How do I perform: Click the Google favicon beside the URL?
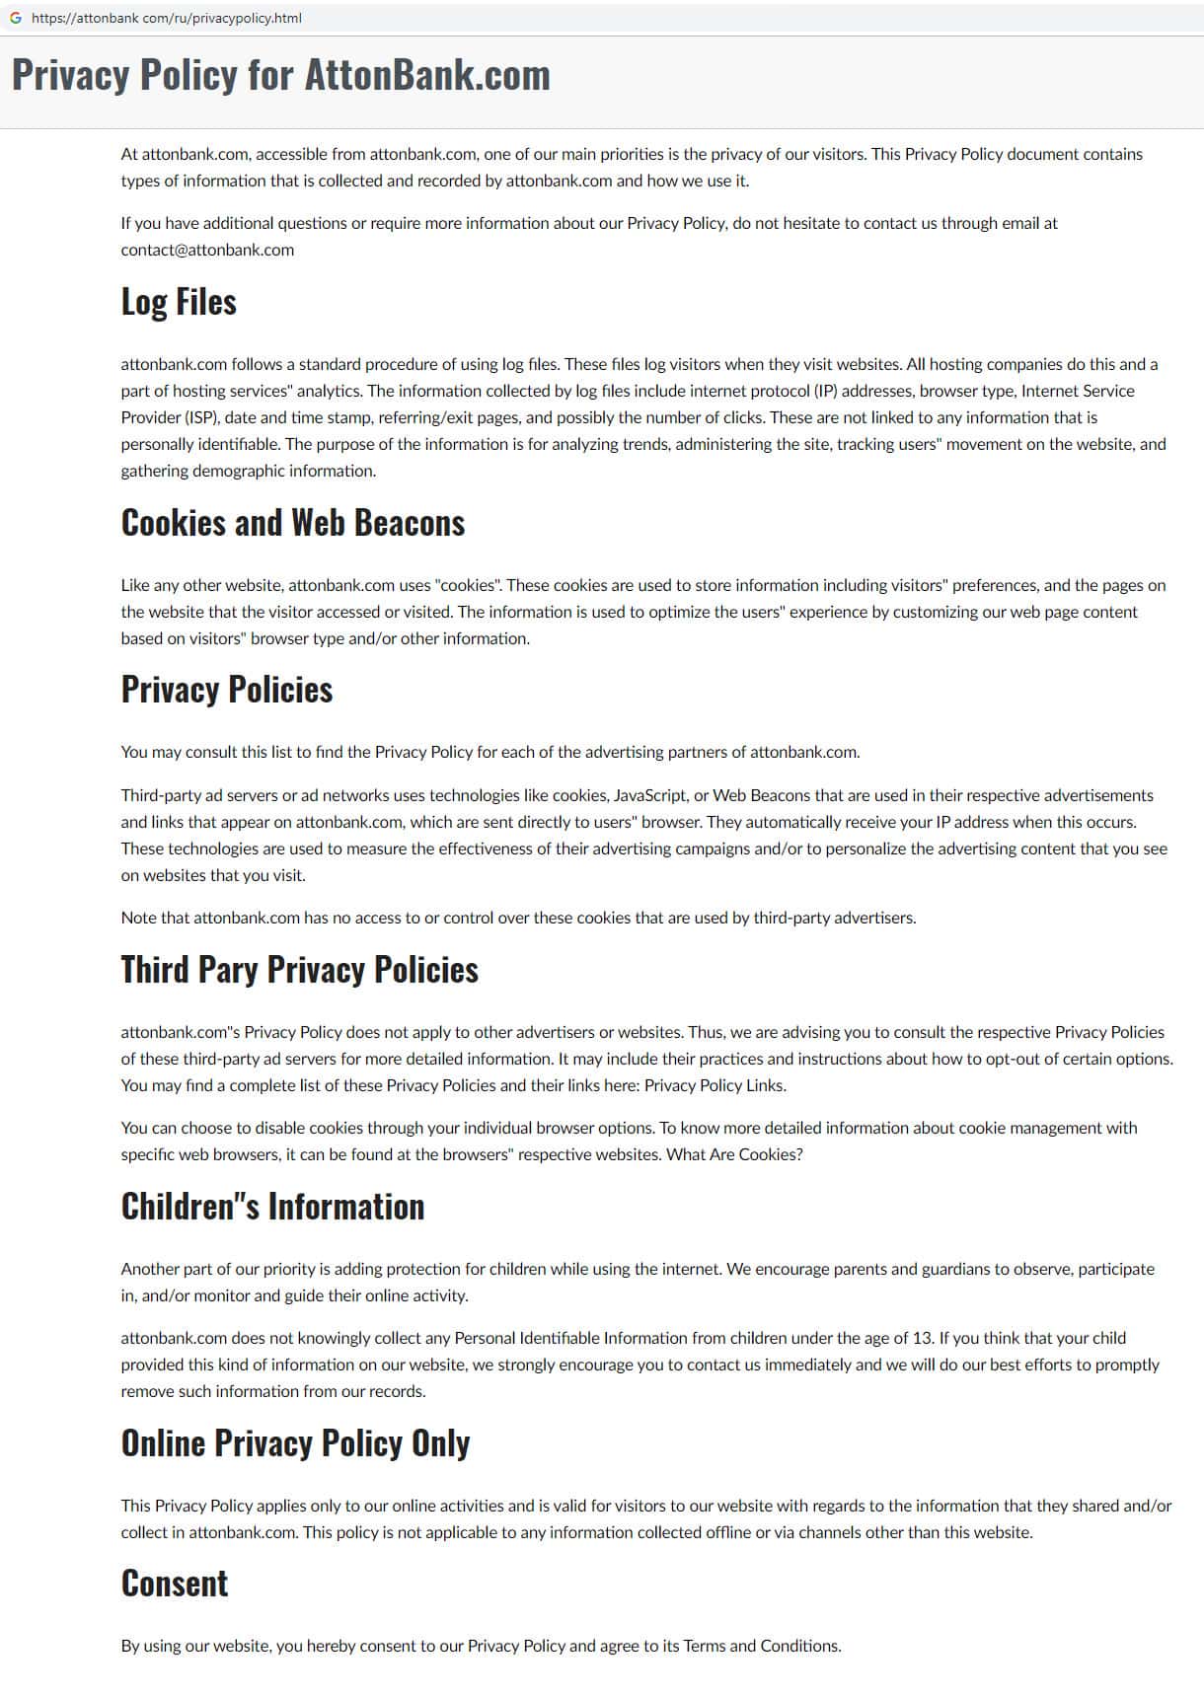click(x=15, y=18)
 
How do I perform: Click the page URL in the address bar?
click(x=167, y=18)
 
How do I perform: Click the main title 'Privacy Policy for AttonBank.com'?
click(x=280, y=75)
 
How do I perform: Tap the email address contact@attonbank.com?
click(x=207, y=250)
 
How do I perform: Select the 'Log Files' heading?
click(x=179, y=302)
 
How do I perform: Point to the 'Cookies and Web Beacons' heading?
click(x=292, y=523)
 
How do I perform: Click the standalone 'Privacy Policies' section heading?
click(x=226, y=690)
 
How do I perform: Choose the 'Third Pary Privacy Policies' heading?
click(x=299, y=970)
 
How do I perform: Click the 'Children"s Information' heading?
click(x=272, y=1207)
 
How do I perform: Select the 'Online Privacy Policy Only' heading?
click(x=295, y=1443)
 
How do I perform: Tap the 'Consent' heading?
click(x=175, y=1584)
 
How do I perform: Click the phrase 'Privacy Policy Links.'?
click(x=715, y=1085)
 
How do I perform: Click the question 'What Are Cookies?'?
click(x=734, y=1154)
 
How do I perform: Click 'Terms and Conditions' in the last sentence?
click(x=761, y=1646)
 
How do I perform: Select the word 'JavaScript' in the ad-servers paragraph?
click(x=649, y=795)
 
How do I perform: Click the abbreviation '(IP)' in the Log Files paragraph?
click(x=825, y=391)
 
